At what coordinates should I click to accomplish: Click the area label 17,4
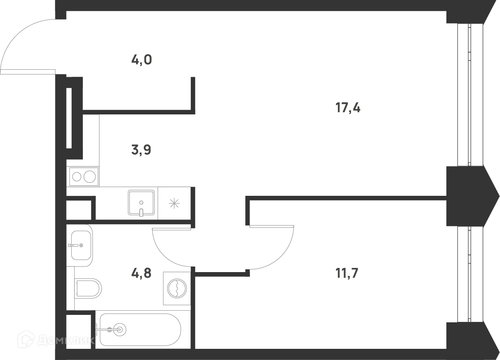tap(348, 108)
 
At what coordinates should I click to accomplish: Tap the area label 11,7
tap(347, 273)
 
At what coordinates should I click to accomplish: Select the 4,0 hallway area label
tap(141, 60)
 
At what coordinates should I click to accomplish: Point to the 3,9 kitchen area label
tap(141, 150)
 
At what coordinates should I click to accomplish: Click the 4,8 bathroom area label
tap(141, 273)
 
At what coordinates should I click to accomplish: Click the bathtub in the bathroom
tap(140, 330)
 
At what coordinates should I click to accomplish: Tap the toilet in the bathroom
tap(88, 288)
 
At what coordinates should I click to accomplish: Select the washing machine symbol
tap(177, 288)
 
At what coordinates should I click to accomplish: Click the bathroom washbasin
tap(81, 245)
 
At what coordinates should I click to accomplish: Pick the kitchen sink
tap(141, 203)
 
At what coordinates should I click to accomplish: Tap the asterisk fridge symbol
tap(175, 203)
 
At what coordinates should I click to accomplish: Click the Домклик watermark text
tap(66, 341)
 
